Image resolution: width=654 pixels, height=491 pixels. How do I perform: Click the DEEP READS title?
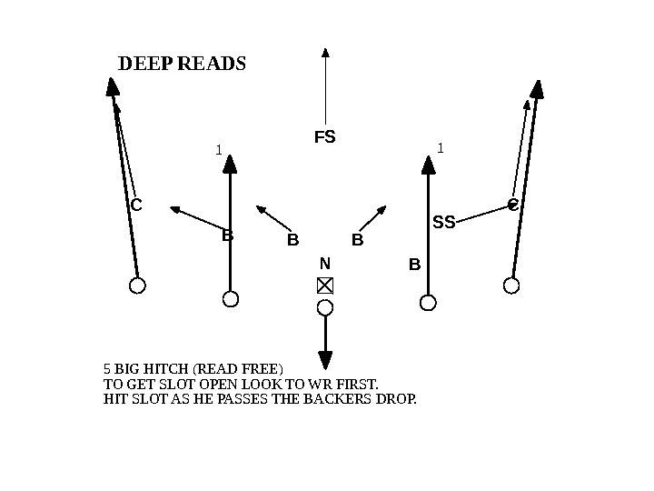tap(182, 65)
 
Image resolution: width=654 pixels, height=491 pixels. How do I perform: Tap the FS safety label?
tap(324, 137)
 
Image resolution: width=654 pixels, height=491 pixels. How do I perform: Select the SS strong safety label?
tap(443, 222)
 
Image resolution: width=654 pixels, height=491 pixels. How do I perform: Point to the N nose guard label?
tap(324, 264)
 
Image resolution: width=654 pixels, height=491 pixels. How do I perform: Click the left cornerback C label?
tap(136, 205)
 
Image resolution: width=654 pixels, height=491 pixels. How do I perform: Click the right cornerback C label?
tap(512, 205)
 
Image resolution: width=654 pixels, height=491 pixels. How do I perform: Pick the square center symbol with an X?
tap(325, 286)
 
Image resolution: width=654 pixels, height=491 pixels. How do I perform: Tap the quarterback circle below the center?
tap(325, 307)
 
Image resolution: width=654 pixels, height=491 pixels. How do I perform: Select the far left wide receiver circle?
tap(137, 286)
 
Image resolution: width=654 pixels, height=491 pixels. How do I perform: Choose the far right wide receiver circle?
tap(511, 286)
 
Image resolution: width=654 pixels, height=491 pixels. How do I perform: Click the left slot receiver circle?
tap(231, 299)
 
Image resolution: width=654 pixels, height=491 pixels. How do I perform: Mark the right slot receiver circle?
tap(428, 301)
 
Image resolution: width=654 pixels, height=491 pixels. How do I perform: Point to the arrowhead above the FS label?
tap(325, 52)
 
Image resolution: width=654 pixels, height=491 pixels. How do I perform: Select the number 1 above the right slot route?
tap(440, 146)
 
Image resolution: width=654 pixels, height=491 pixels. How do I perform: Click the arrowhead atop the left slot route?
tap(230, 164)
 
